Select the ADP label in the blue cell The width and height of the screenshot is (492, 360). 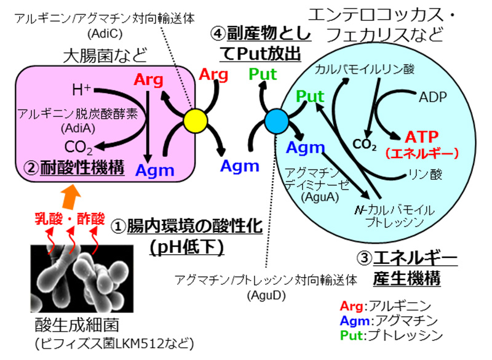[x=433, y=97]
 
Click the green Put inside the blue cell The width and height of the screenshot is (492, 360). [x=310, y=97]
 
